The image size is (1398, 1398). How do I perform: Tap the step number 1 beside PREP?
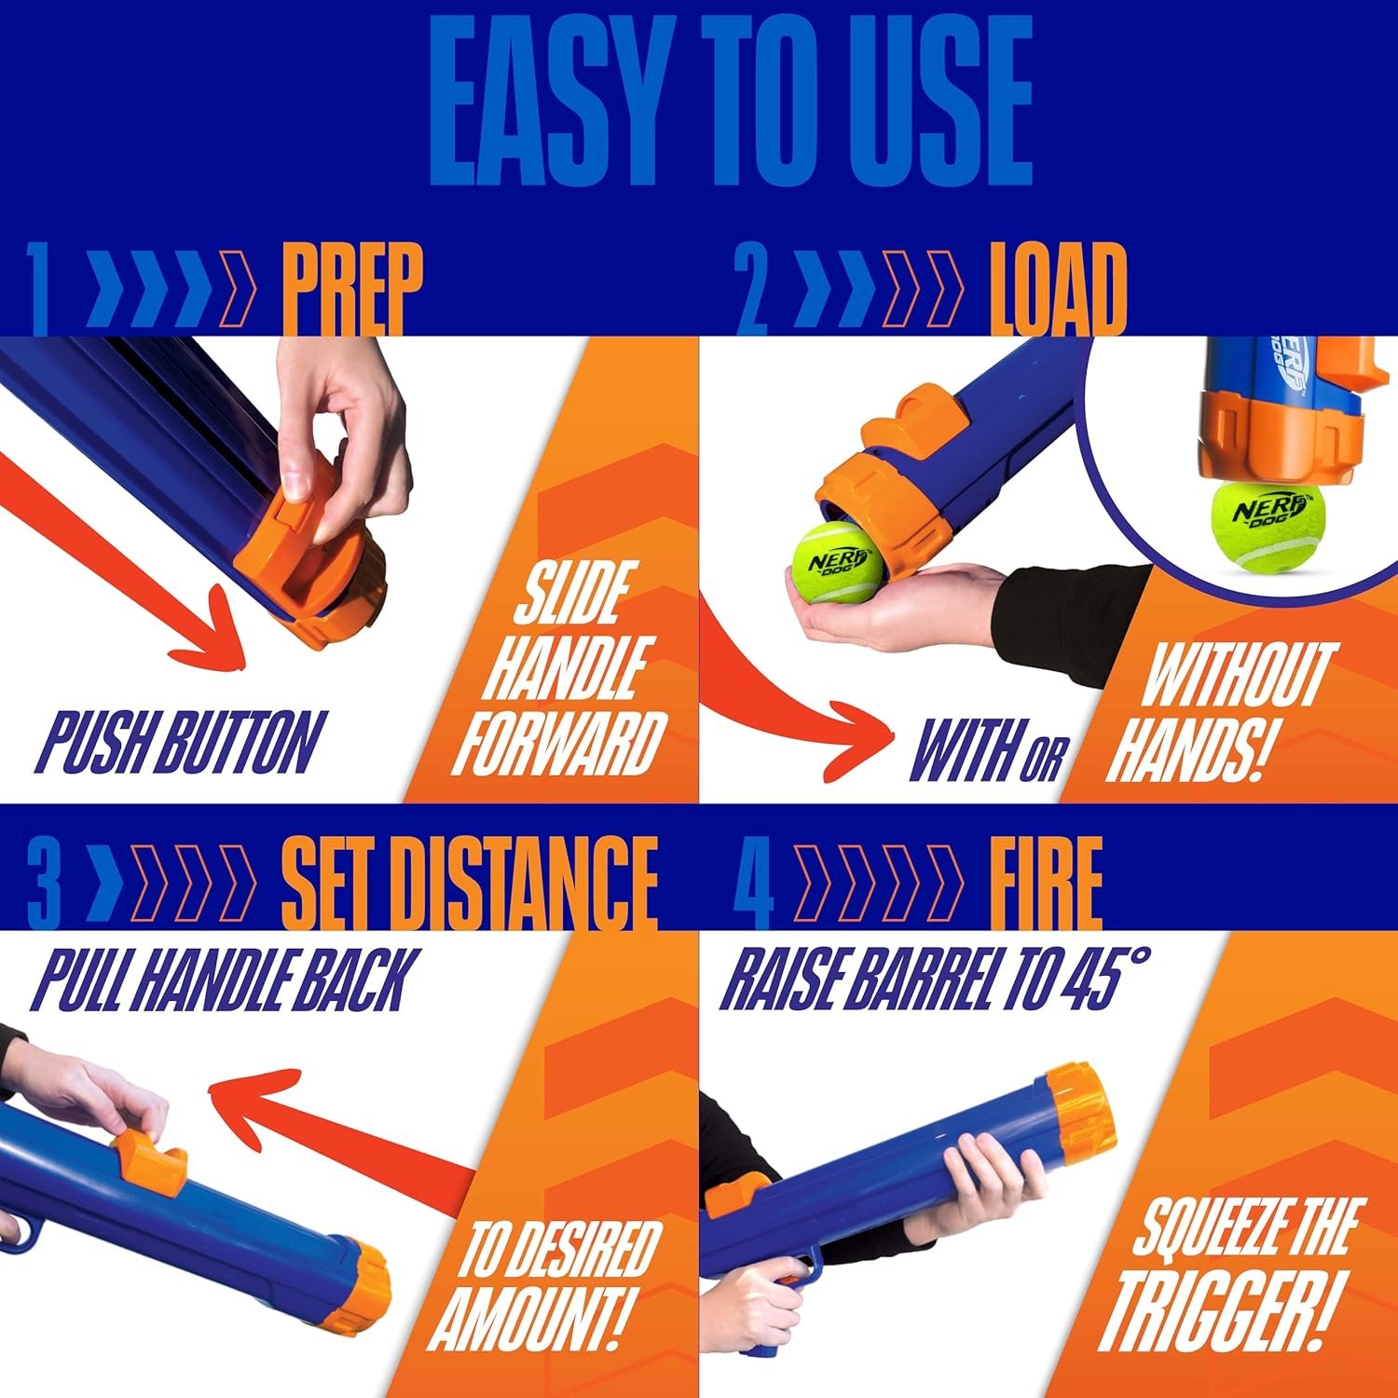(38, 290)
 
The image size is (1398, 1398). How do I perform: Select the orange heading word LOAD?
(1057, 290)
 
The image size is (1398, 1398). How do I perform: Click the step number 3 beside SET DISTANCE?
(43, 881)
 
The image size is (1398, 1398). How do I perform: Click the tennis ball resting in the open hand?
(836, 565)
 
